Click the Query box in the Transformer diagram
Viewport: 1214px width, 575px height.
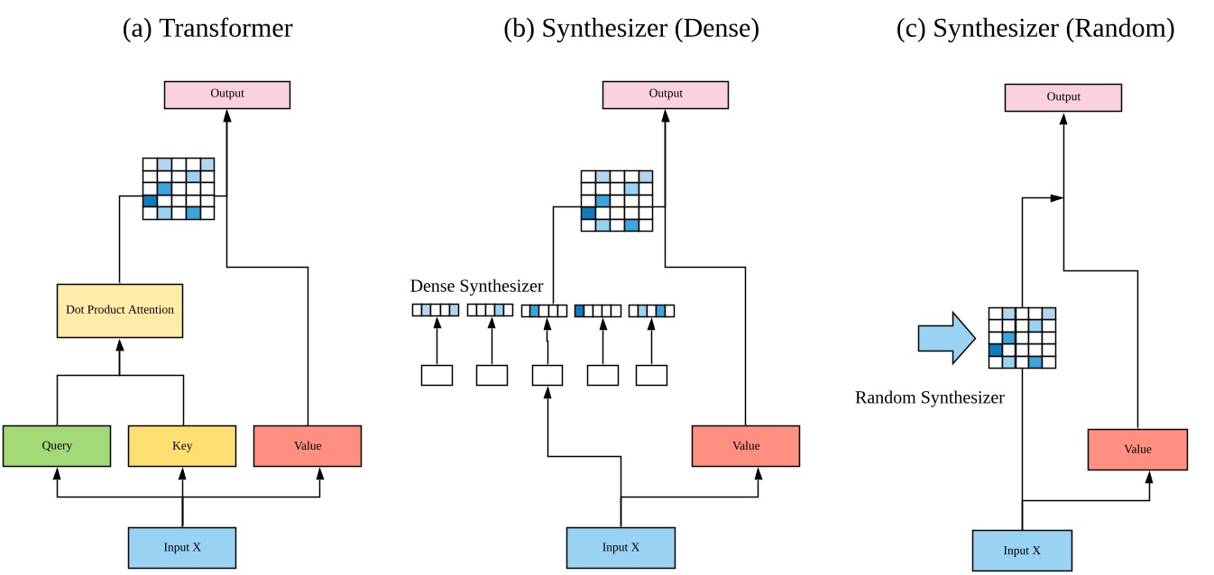click(x=57, y=446)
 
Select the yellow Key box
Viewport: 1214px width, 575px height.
click(x=182, y=446)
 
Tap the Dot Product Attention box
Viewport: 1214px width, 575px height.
click(x=120, y=310)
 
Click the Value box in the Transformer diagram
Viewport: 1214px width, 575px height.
click(x=308, y=446)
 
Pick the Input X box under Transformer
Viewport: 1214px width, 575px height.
click(x=182, y=548)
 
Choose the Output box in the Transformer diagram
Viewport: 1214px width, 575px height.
click(x=227, y=95)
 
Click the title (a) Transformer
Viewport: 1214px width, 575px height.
click(x=207, y=28)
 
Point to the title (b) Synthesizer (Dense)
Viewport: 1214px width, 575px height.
click(x=631, y=28)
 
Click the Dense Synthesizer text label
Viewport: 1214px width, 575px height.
click(x=476, y=287)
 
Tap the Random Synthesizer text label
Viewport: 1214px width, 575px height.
click(x=930, y=397)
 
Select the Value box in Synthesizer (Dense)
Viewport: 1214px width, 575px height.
click(x=745, y=446)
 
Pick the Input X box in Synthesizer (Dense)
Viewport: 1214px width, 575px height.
click(x=621, y=548)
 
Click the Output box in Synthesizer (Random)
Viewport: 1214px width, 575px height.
click(x=1063, y=97)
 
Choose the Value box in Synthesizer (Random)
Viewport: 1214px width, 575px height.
click(x=1137, y=450)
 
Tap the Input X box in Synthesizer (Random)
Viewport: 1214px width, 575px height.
click(x=1022, y=551)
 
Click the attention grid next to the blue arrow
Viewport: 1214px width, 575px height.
click(x=1022, y=338)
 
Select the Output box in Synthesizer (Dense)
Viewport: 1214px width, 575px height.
click(x=666, y=95)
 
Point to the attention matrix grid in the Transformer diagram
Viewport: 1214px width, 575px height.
click(x=179, y=188)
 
